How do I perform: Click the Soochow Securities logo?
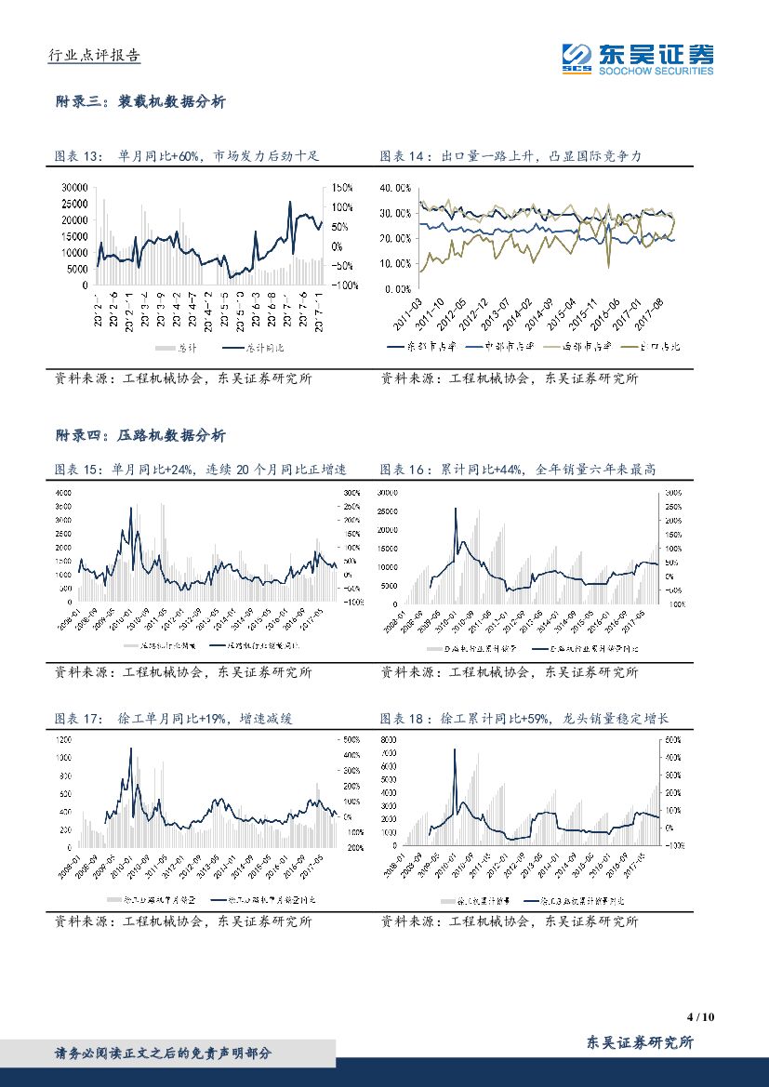pos(637,60)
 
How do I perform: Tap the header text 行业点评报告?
pos(93,56)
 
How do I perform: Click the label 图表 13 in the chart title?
pos(77,156)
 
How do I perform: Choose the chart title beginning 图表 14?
pos(511,156)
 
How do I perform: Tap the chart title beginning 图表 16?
pos(518,471)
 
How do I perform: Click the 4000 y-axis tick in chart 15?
pos(63,492)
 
